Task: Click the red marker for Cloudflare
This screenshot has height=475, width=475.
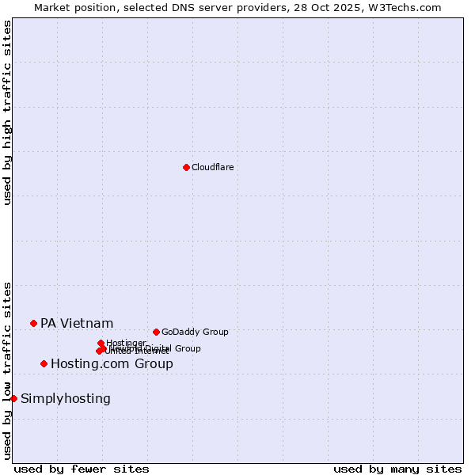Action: pos(186,167)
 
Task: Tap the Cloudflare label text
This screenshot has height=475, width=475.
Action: pos(213,167)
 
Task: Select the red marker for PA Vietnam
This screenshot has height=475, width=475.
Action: pos(33,323)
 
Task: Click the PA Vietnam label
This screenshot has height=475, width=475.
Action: pos(77,323)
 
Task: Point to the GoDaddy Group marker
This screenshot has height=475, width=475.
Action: pos(156,332)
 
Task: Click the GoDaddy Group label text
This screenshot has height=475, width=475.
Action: pos(195,332)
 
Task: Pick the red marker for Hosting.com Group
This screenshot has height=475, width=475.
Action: pos(44,363)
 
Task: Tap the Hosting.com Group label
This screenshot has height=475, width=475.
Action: pos(112,364)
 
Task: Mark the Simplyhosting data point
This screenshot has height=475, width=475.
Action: pos(13,398)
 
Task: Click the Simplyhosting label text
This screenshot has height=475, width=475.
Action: pos(66,398)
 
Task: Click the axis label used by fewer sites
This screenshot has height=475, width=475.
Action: pos(82,469)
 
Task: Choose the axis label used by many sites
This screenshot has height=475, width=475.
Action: pos(397,469)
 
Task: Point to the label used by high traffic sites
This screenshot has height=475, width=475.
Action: pos(7,112)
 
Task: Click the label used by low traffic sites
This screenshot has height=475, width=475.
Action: pos(7,370)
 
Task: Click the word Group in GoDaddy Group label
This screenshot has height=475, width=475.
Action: pos(215,332)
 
